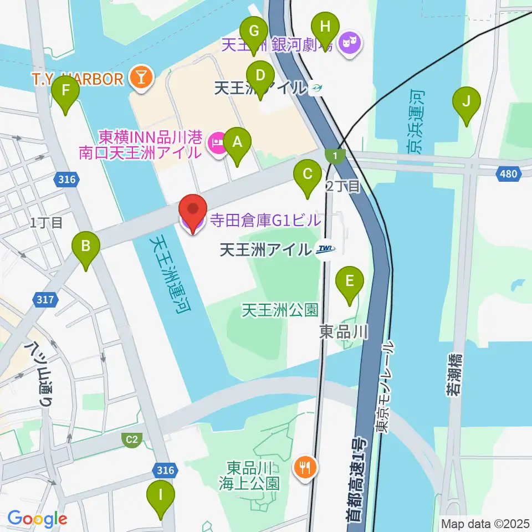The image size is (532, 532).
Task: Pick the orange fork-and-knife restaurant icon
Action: [x=305, y=468]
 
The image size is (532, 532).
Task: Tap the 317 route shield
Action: [x=46, y=300]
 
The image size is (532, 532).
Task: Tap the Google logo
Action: [x=37, y=519]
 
